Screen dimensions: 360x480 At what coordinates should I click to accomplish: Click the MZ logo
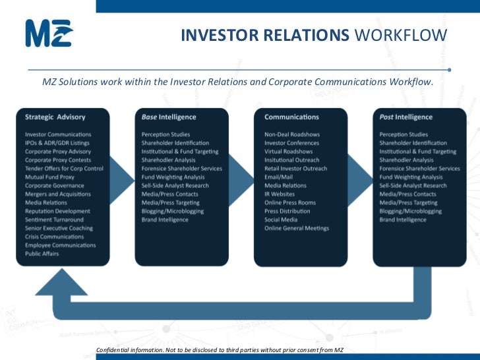(48, 33)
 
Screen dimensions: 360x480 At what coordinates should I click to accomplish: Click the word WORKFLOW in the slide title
(401, 34)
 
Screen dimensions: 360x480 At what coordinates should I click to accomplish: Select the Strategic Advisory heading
(55, 117)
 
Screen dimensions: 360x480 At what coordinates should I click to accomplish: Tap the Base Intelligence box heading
(169, 117)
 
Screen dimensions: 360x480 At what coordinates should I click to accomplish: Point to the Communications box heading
(291, 117)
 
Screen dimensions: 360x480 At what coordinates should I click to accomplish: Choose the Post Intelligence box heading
(406, 117)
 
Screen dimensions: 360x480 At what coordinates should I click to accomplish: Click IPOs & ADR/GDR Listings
(57, 142)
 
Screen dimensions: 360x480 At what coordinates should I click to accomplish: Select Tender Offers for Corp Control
(65, 168)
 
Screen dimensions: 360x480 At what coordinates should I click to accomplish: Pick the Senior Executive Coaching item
(59, 228)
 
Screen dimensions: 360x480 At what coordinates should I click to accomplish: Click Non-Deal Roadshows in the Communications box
(292, 134)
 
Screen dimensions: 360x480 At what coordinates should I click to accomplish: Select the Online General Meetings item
(297, 228)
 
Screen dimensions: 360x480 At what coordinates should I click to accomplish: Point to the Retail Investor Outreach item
(296, 168)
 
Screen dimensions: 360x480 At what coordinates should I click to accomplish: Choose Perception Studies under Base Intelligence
(166, 134)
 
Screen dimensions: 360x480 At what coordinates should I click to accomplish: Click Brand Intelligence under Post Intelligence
(403, 220)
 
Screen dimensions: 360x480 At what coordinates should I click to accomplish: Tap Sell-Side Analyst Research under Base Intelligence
(175, 185)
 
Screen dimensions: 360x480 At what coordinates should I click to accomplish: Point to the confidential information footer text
(220, 349)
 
